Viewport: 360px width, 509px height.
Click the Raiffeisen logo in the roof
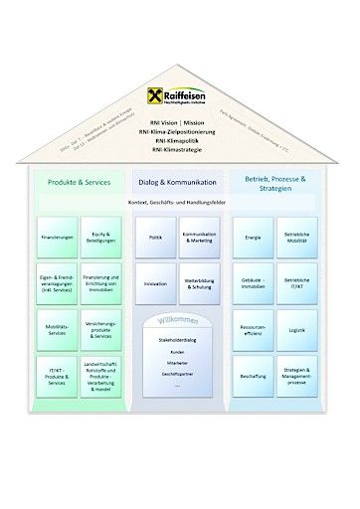pos(180,97)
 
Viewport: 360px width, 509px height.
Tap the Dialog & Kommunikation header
pos(179,182)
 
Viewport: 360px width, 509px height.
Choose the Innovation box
pos(156,283)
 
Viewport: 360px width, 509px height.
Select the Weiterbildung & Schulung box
pos(202,283)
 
